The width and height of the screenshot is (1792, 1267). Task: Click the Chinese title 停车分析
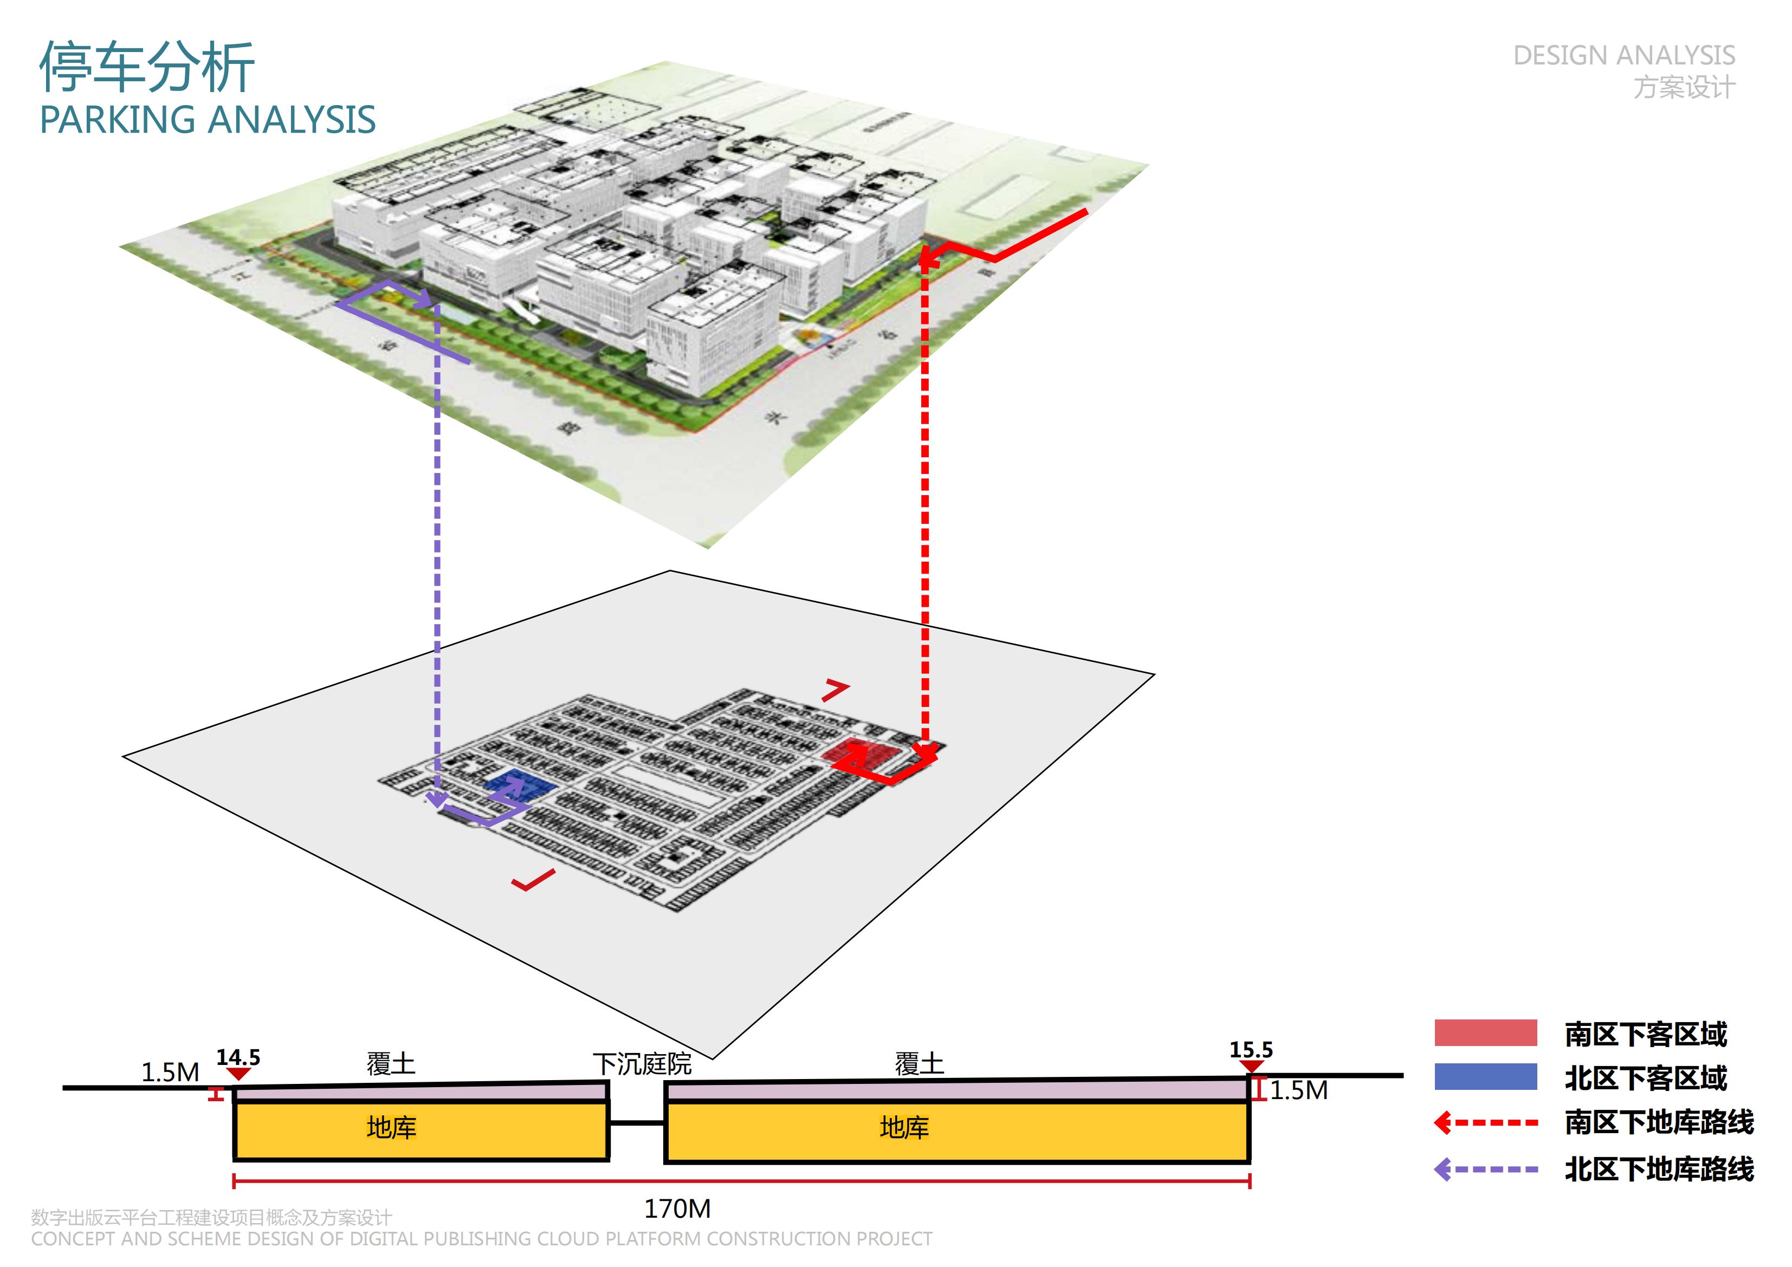pos(147,67)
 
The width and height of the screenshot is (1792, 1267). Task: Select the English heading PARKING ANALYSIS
pos(208,120)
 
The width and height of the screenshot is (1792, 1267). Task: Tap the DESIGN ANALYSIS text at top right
pos(1623,55)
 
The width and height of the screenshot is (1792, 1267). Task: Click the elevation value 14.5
pos(238,1057)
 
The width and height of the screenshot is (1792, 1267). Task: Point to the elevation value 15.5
pos(1251,1049)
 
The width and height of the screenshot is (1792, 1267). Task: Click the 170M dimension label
pos(677,1208)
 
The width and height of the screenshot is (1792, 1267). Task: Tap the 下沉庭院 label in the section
pos(642,1063)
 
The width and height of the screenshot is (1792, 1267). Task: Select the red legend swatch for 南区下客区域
pos(1485,1033)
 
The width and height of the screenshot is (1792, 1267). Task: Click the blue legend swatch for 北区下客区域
pos(1485,1077)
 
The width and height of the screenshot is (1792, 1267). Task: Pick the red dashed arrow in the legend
pos(1486,1123)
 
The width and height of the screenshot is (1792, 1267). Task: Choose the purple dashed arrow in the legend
pos(1486,1169)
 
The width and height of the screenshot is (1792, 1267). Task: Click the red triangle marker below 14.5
pos(238,1074)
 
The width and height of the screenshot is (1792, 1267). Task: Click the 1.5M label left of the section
pos(170,1072)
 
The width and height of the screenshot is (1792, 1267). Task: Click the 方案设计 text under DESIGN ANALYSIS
pos(1684,87)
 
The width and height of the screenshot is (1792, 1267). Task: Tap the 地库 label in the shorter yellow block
pos(391,1127)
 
